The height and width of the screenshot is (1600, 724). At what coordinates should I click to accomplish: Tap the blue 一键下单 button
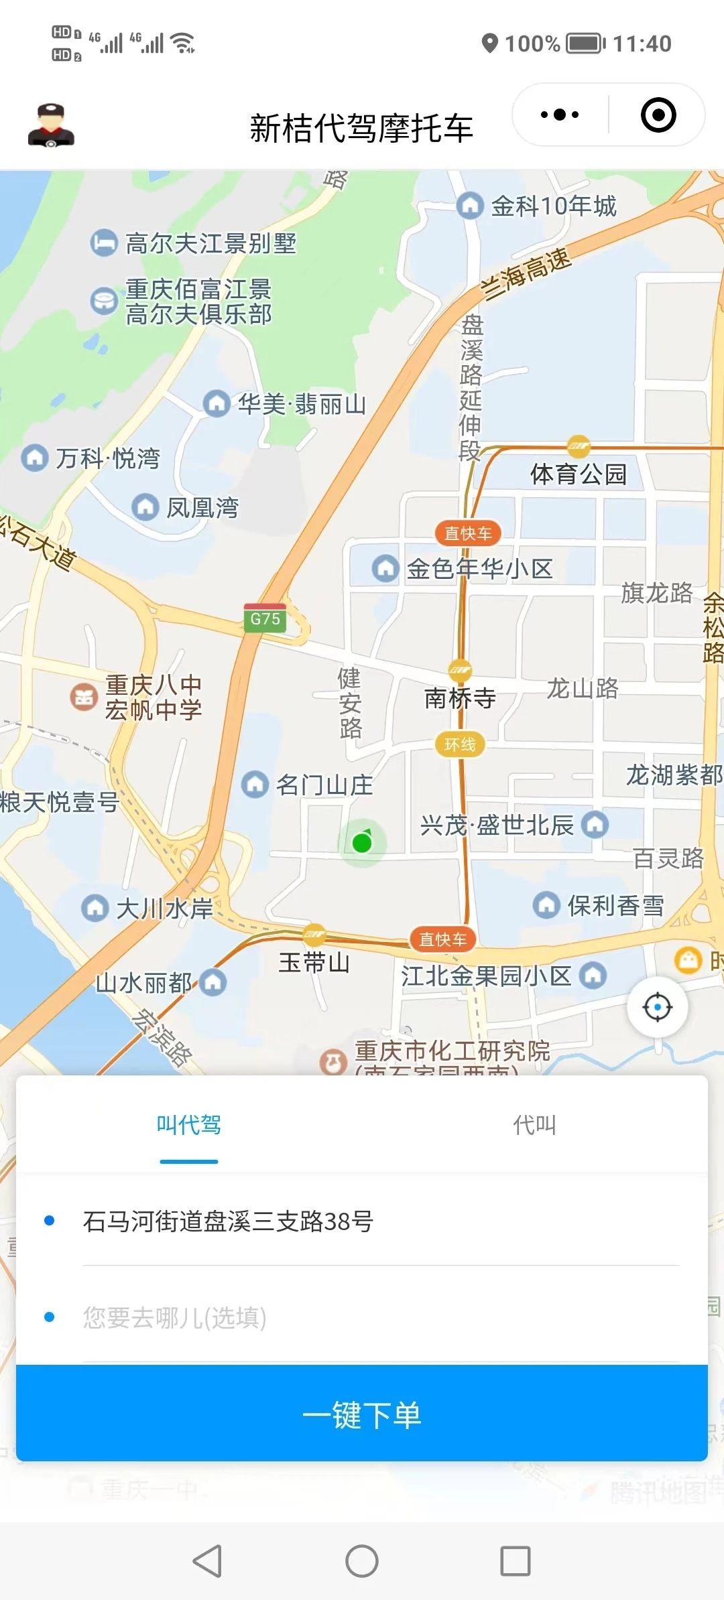(x=362, y=1414)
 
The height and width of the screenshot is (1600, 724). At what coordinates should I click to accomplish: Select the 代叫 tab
(x=534, y=1125)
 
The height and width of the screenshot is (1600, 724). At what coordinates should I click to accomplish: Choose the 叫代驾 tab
(x=188, y=1125)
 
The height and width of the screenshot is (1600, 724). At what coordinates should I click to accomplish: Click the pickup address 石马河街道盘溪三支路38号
(x=228, y=1221)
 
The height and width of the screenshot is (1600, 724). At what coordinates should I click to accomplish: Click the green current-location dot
(x=362, y=842)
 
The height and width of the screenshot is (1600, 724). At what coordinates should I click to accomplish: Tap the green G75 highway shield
(x=265, y=618)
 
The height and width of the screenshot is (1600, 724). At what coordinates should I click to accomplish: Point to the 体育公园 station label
(x=578, y=474)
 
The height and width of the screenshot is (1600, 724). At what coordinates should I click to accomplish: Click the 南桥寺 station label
(x=460, y=698)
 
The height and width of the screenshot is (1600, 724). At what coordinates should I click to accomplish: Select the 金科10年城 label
(x=553, y=206)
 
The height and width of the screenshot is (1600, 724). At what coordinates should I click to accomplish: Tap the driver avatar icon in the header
(x=51, y=125)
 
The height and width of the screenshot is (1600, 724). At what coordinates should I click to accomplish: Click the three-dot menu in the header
(x=560, y=115)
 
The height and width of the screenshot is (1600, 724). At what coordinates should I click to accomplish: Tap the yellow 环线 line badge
(x=460, y=744)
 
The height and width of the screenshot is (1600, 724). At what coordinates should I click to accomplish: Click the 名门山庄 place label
(x=324, y=785)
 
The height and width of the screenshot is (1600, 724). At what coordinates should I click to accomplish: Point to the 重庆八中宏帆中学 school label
(x=153, y=697)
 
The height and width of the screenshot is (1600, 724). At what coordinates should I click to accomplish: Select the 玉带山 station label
(x=314, y=963)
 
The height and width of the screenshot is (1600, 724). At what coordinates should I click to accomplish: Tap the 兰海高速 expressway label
(x=527, y=275)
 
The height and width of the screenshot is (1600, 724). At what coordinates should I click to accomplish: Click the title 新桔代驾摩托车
(x=361, y=128)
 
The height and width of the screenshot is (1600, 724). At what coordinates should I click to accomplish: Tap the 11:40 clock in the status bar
(x=642, y=44)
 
